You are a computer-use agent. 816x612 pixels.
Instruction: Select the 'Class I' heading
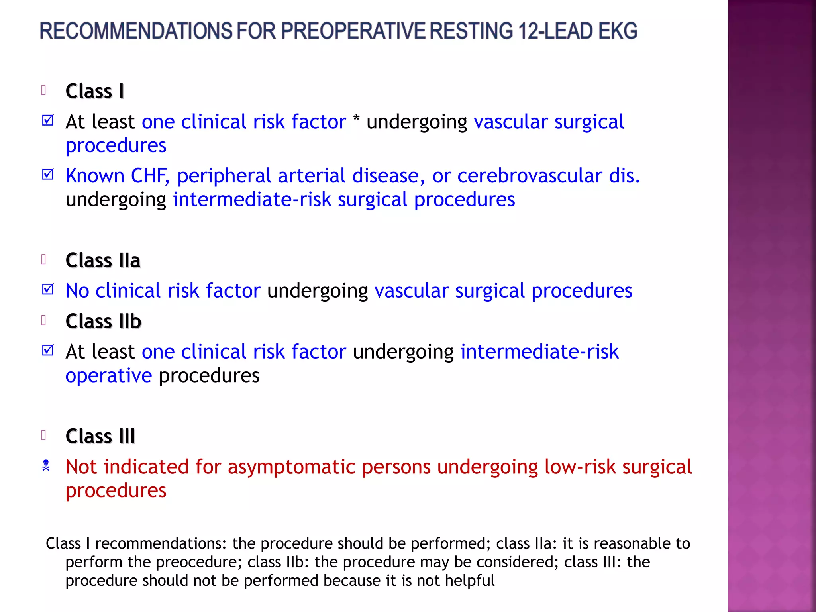(x=95, y=91)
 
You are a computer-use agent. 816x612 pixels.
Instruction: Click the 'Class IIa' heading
(x=103, y=261)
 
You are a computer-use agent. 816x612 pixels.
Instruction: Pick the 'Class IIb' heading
(x=103, y=321)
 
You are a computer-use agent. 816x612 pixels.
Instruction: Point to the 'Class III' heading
(x=100, y=436)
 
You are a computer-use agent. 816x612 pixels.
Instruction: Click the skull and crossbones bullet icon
(x=46, y=465)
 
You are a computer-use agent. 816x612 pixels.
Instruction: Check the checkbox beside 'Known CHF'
(x=48, y=174)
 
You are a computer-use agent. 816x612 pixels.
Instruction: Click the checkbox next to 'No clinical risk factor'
(x=48, y=289)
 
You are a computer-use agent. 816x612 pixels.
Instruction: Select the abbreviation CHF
(x=149, y=176)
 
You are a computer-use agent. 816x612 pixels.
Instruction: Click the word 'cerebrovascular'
(x=530, y=176)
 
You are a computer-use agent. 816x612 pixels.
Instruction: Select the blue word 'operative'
(x=109, y=376)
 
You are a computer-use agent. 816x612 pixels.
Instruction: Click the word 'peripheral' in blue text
(x=224, y=176)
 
